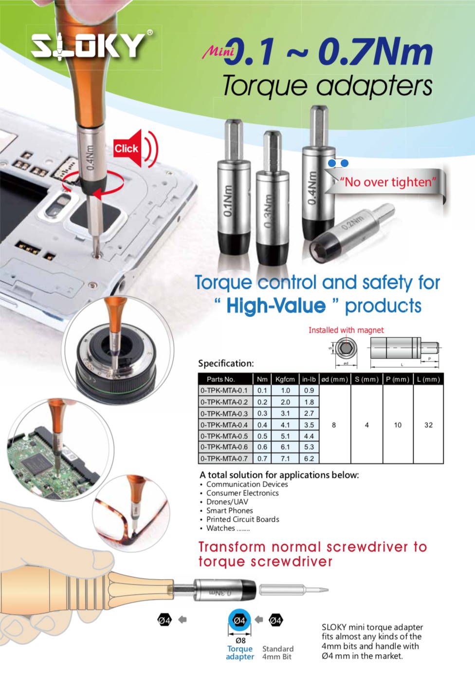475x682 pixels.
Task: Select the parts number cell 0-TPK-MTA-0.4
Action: (224, 425)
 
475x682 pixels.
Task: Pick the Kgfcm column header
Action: (285, 379)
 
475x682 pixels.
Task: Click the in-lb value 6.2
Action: (309, 458)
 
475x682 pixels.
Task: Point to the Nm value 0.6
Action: (262, 447)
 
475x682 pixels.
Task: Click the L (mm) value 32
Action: (428, 425)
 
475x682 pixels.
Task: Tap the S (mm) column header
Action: (366, 379)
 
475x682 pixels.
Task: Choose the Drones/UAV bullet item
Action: (227, 502)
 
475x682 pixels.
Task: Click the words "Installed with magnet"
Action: (346, 330)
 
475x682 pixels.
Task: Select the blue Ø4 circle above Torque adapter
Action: (239, 620)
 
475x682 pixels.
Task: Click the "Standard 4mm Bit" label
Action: (277, 653)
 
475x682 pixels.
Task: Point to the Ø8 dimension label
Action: (240, 641)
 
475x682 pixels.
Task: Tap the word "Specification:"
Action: (226, 363)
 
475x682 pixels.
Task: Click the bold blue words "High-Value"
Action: (276, 306)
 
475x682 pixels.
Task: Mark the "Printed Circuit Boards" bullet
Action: (242, 519)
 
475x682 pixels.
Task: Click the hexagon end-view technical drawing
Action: (346, 349)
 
